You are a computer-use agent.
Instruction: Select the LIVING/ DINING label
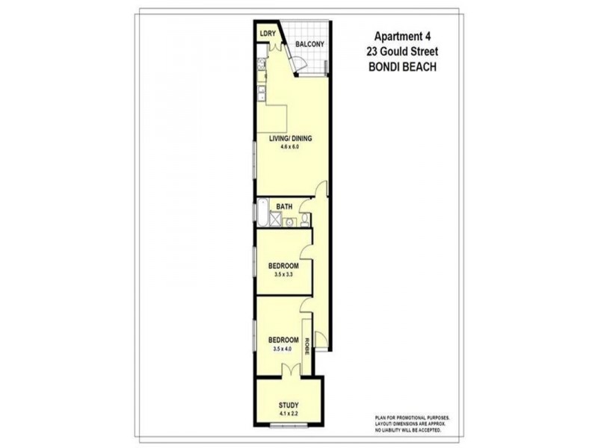pos(291,138)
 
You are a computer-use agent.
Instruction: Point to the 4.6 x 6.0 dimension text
pos(290,147)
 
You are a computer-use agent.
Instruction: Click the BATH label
pos(284,206)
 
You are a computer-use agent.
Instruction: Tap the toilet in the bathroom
pos(306,220)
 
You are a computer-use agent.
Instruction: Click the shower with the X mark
pos(274,220)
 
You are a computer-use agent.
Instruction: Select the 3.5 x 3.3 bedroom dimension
pos(283,274)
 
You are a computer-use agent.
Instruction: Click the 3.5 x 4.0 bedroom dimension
pos(283,348)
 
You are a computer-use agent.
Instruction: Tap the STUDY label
pos(289,407)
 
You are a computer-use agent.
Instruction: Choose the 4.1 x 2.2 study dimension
pos(289,416)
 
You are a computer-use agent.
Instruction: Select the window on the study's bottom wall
pos(289,427)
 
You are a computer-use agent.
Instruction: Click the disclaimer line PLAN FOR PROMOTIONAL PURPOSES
pos(413,419)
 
